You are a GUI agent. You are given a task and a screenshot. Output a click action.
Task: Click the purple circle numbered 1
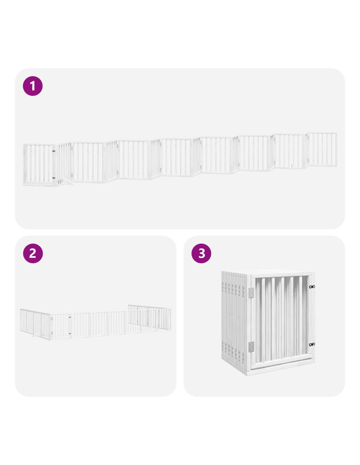point(32,86)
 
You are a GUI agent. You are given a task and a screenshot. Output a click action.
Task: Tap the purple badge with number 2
point(33,253)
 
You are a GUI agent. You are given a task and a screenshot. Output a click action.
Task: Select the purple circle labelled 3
point(201,253)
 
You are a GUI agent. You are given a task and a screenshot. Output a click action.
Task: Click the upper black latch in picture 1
point(54,151)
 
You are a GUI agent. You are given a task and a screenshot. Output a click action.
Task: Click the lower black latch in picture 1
point(54,178)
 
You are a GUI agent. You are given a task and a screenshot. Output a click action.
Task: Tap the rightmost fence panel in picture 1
point(322,149)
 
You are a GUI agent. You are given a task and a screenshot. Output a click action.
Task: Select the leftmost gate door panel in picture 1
point(39,164)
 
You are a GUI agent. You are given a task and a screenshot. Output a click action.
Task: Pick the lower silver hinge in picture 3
point(251,347)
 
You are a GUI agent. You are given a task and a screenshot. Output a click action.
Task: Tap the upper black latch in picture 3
point(312,286)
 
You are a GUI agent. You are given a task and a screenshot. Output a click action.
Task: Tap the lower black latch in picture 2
point(70,334)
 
